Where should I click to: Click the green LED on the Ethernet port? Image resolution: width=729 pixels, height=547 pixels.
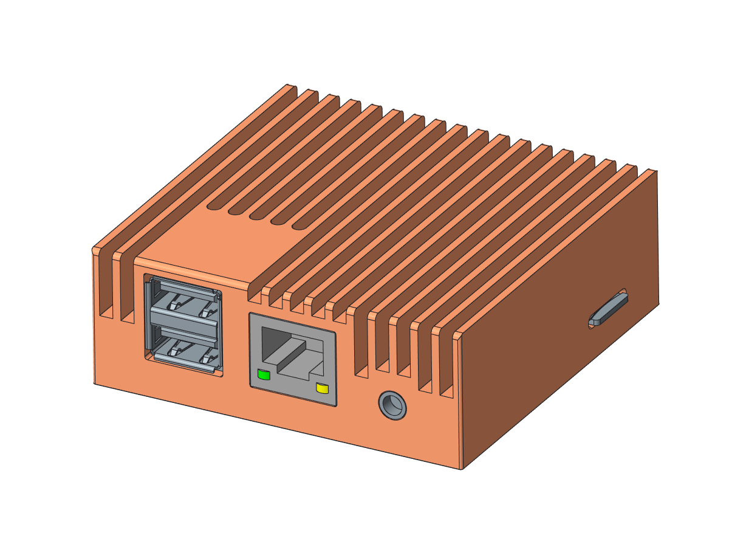(x=264, y=374)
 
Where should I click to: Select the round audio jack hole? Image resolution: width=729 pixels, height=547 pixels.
(x=392, y=405)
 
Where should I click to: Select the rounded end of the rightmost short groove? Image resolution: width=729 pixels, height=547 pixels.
(x=298, y=227)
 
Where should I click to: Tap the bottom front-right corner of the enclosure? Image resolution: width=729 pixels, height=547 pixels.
(x=462, y=469)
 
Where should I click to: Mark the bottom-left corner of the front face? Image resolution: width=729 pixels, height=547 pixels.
(x=94, y=383)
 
